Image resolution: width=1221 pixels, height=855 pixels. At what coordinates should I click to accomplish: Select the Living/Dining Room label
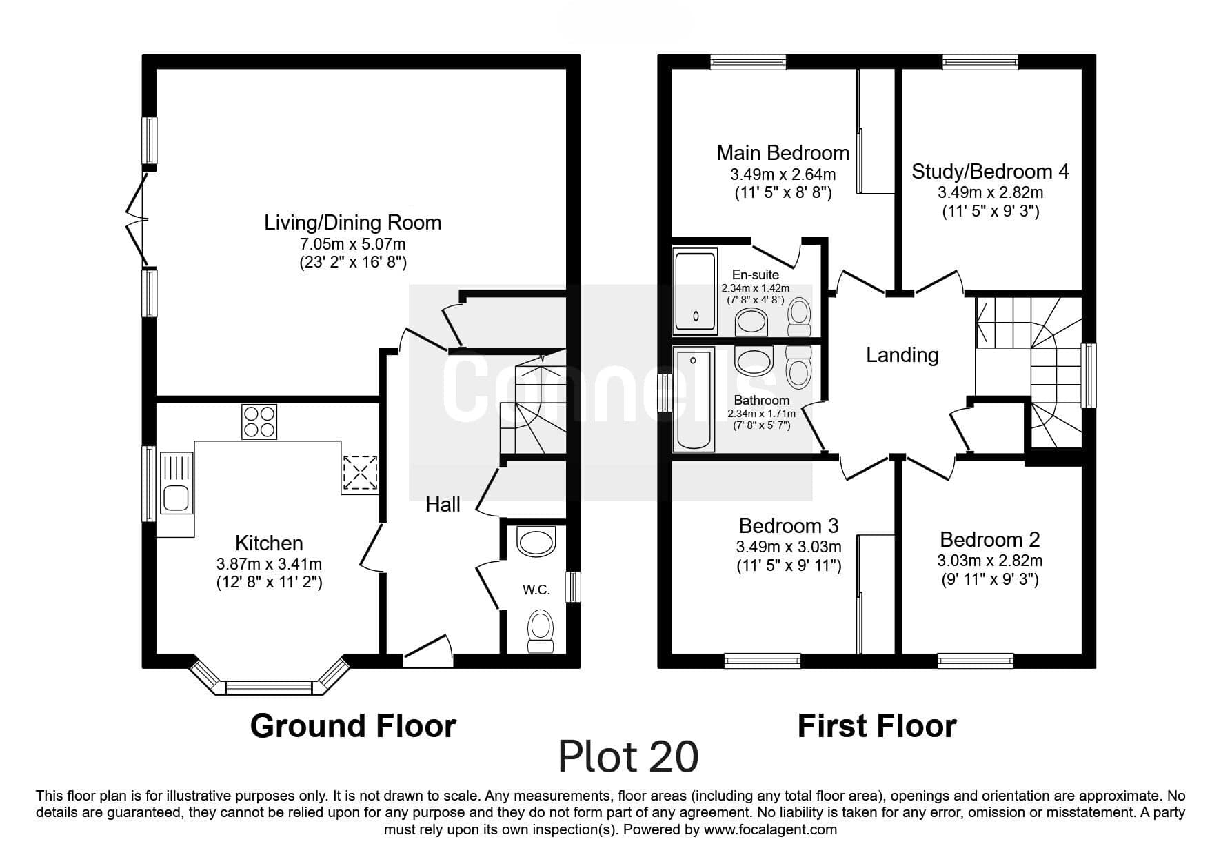pos(352,223)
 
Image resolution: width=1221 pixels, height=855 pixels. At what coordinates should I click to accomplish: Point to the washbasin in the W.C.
pos(536,542)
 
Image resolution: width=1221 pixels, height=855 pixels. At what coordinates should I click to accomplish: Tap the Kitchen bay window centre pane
pos(269,687)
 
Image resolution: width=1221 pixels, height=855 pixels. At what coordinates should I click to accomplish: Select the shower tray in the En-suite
pos(695,291)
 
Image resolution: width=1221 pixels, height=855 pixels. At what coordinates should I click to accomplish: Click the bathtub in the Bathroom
pos(694,399)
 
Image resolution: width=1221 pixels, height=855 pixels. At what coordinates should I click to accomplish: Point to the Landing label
pos(902,355)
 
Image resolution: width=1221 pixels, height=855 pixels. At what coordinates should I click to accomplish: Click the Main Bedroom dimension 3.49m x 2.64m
pos(783,174)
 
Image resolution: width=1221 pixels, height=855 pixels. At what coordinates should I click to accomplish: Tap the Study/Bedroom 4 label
pos(990,171)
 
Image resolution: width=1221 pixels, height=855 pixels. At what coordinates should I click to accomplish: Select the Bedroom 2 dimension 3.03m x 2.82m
pos(989,561)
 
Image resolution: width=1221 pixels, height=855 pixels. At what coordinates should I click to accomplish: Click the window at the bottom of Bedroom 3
pos(762,661)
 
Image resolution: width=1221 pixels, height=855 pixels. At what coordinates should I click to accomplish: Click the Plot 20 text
pos(628,756)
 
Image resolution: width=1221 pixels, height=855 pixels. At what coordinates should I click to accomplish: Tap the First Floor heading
pos(876,726)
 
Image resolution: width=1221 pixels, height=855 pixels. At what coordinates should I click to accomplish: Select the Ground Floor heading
pos(352,726)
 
